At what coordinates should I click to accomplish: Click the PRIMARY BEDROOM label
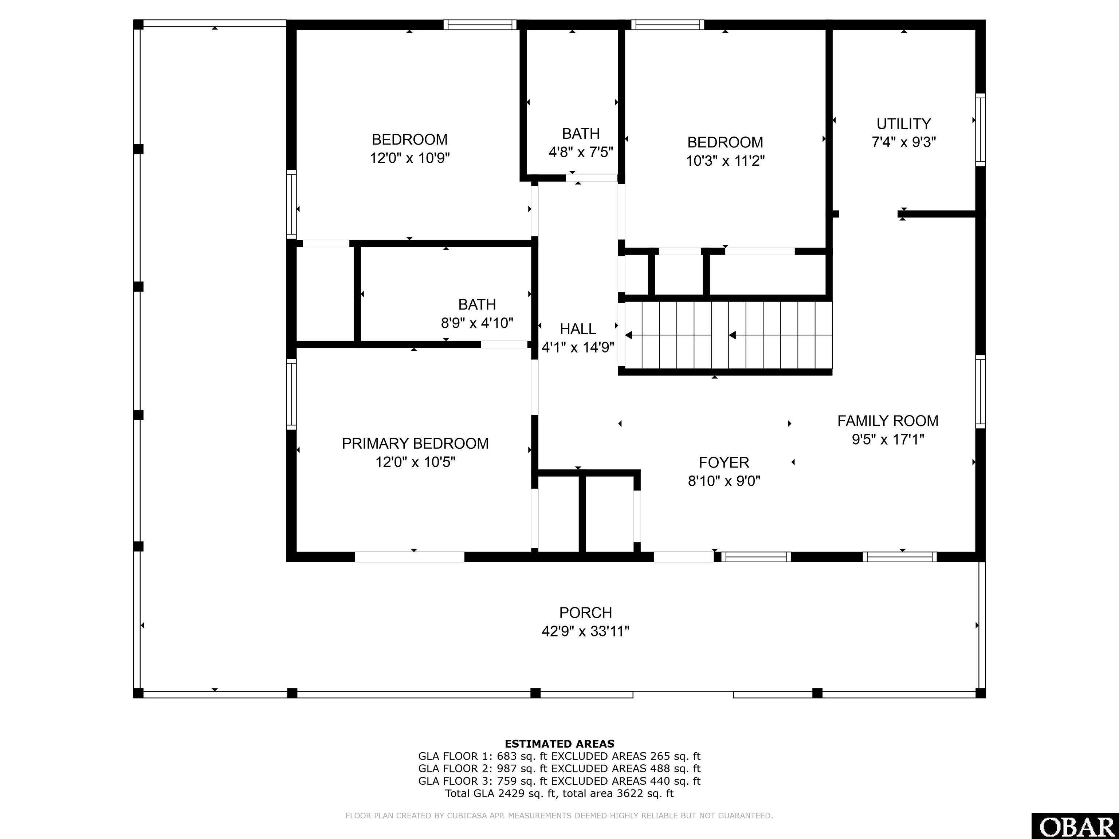415,444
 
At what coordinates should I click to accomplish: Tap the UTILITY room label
903,124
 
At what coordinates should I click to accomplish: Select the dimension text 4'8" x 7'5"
581,152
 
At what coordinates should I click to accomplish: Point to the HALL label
578,329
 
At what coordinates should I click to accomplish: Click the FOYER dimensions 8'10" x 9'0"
724,481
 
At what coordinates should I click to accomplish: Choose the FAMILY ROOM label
888,421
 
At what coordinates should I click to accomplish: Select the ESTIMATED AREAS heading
559,744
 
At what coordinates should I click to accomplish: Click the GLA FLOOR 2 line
559,769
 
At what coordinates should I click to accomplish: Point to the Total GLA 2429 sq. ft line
559,793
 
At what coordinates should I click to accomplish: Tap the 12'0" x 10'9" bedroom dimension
410,158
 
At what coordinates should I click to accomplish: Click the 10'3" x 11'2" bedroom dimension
725,161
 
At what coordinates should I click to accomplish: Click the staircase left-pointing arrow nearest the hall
630,335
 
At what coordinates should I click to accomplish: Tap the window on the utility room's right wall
980,130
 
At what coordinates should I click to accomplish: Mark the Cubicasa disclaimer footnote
559,816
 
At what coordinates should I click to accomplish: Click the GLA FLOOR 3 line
559,781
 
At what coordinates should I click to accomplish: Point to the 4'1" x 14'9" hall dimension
578,348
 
